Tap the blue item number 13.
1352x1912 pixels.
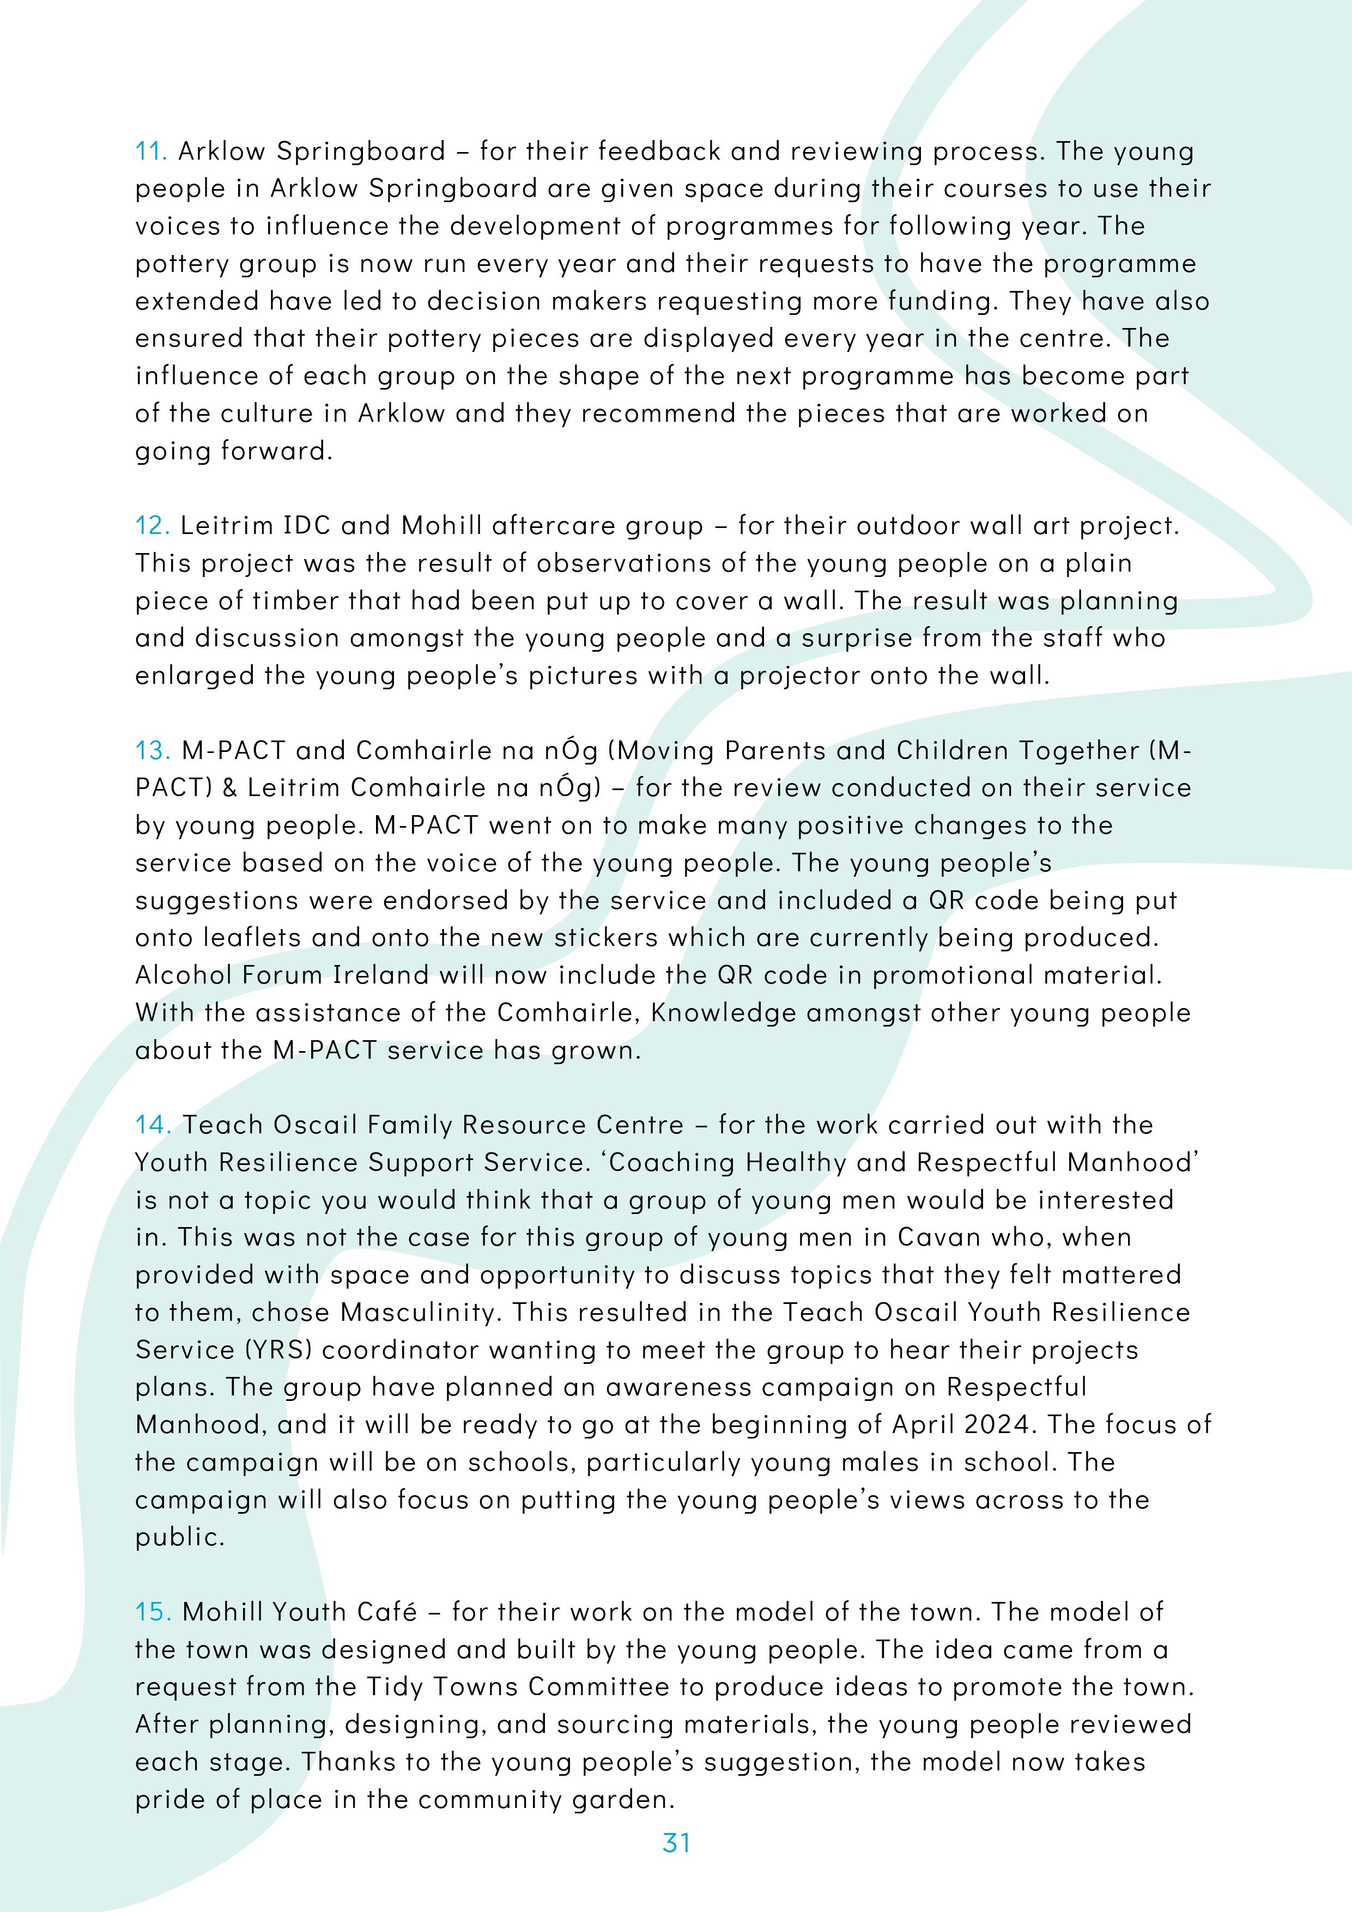click(x=153, y=751)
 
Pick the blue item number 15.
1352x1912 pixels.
click(x=153, y=1612)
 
